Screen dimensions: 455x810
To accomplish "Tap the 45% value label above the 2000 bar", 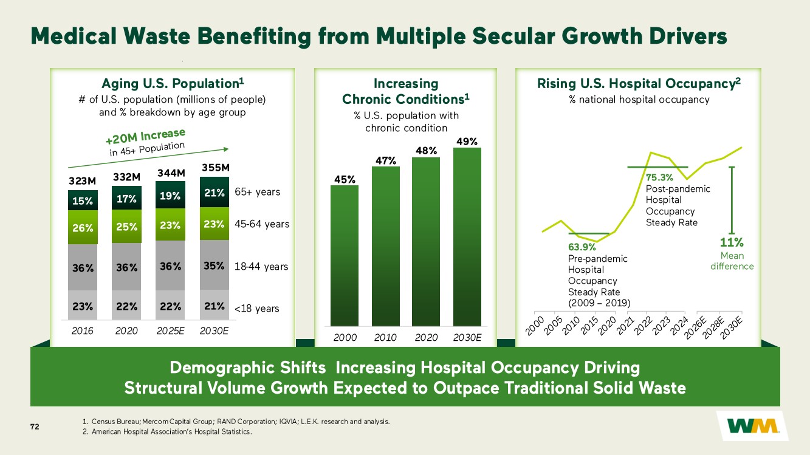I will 344,179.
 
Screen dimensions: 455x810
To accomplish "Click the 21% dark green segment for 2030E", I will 215,192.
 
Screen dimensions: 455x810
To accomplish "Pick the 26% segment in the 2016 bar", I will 83,228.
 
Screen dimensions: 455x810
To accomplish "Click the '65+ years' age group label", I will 258,192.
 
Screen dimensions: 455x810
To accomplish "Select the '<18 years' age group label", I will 257,309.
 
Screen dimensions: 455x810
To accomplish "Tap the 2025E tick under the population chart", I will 170,331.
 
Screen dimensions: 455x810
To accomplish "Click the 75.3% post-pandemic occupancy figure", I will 659,177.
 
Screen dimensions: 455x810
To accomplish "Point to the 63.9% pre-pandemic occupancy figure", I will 582,247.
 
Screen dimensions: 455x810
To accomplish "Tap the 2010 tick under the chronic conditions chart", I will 385,337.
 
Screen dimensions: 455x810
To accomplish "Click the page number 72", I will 35,427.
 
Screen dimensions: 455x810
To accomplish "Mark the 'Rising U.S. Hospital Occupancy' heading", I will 639,83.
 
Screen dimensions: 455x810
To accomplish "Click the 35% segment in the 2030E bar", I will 215,265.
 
